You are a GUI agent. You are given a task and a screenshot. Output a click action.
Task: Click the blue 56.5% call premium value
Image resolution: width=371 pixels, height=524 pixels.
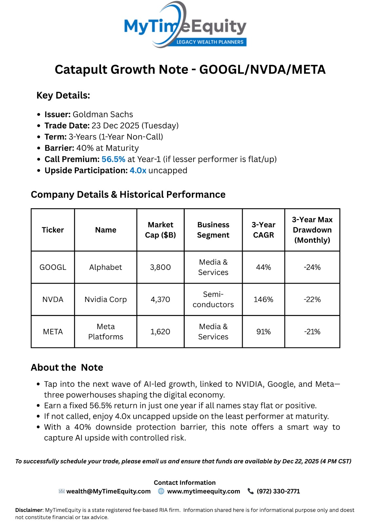(113, 159)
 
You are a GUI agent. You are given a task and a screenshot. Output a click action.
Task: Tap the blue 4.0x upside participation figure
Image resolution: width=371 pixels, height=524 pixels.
(138, 170)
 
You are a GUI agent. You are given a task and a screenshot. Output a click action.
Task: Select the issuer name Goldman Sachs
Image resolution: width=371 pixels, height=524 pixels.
(103, 114)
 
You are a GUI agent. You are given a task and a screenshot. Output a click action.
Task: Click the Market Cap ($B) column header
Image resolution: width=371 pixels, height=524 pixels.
(160, 230)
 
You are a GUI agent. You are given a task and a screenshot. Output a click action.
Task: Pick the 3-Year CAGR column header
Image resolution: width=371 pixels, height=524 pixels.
(263, 230)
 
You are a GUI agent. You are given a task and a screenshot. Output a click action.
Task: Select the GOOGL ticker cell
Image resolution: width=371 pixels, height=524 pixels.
(53, 267)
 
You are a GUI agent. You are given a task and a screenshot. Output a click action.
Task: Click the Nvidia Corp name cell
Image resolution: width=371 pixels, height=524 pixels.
(106, 299)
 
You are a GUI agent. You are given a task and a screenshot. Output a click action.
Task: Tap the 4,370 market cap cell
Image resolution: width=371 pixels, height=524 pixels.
(160, 299)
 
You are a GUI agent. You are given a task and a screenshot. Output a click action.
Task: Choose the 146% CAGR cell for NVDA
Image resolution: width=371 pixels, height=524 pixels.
(263, 299)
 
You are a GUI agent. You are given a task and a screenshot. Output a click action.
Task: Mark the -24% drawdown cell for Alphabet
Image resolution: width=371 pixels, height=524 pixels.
(312, 267)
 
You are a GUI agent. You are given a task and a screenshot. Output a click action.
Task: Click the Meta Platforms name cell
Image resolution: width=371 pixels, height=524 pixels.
(106, 331)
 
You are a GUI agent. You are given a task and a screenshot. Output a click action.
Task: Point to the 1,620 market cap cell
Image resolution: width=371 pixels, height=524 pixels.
(160, 331)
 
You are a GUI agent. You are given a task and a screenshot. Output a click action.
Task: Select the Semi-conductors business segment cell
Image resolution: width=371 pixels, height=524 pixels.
(213, 299)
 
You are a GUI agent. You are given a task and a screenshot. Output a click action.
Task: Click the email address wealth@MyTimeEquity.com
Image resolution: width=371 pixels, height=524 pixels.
(108, 491)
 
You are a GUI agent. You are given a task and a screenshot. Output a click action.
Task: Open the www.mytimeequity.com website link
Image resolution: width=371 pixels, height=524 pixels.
(203, 491)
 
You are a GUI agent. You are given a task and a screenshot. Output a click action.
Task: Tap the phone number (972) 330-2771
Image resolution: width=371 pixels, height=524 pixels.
(278, 491)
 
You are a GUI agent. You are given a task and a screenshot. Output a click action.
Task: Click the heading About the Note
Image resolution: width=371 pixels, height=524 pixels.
(67, 367)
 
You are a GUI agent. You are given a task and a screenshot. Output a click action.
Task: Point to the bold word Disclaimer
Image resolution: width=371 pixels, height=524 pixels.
(29, 510)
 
